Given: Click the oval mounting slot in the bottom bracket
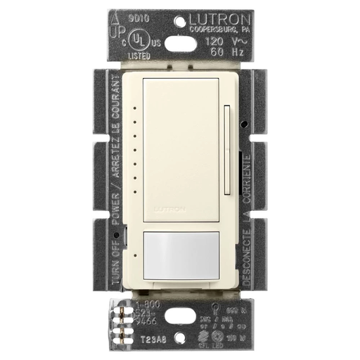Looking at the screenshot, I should [x=181, y=314].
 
